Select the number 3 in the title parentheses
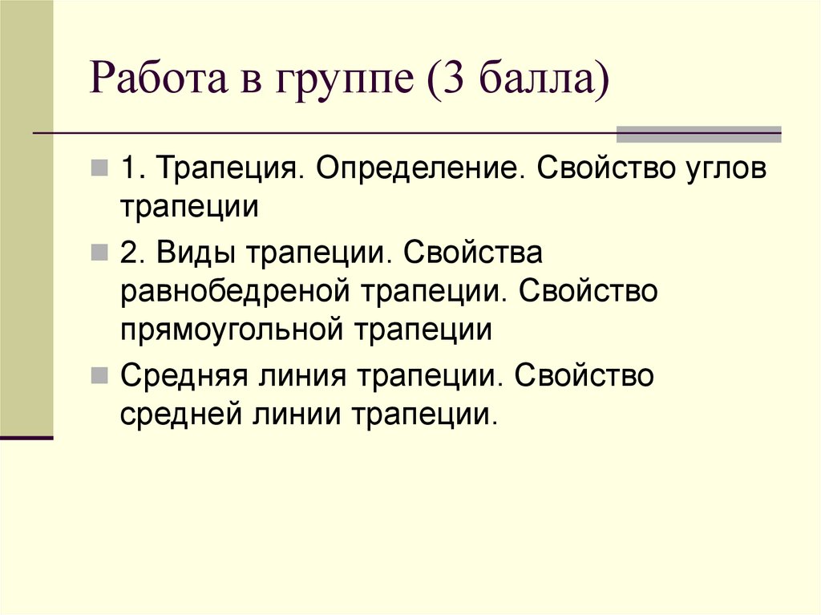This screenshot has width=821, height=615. (x=448, y=83)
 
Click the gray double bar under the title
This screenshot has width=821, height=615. (x=698, y=134)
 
